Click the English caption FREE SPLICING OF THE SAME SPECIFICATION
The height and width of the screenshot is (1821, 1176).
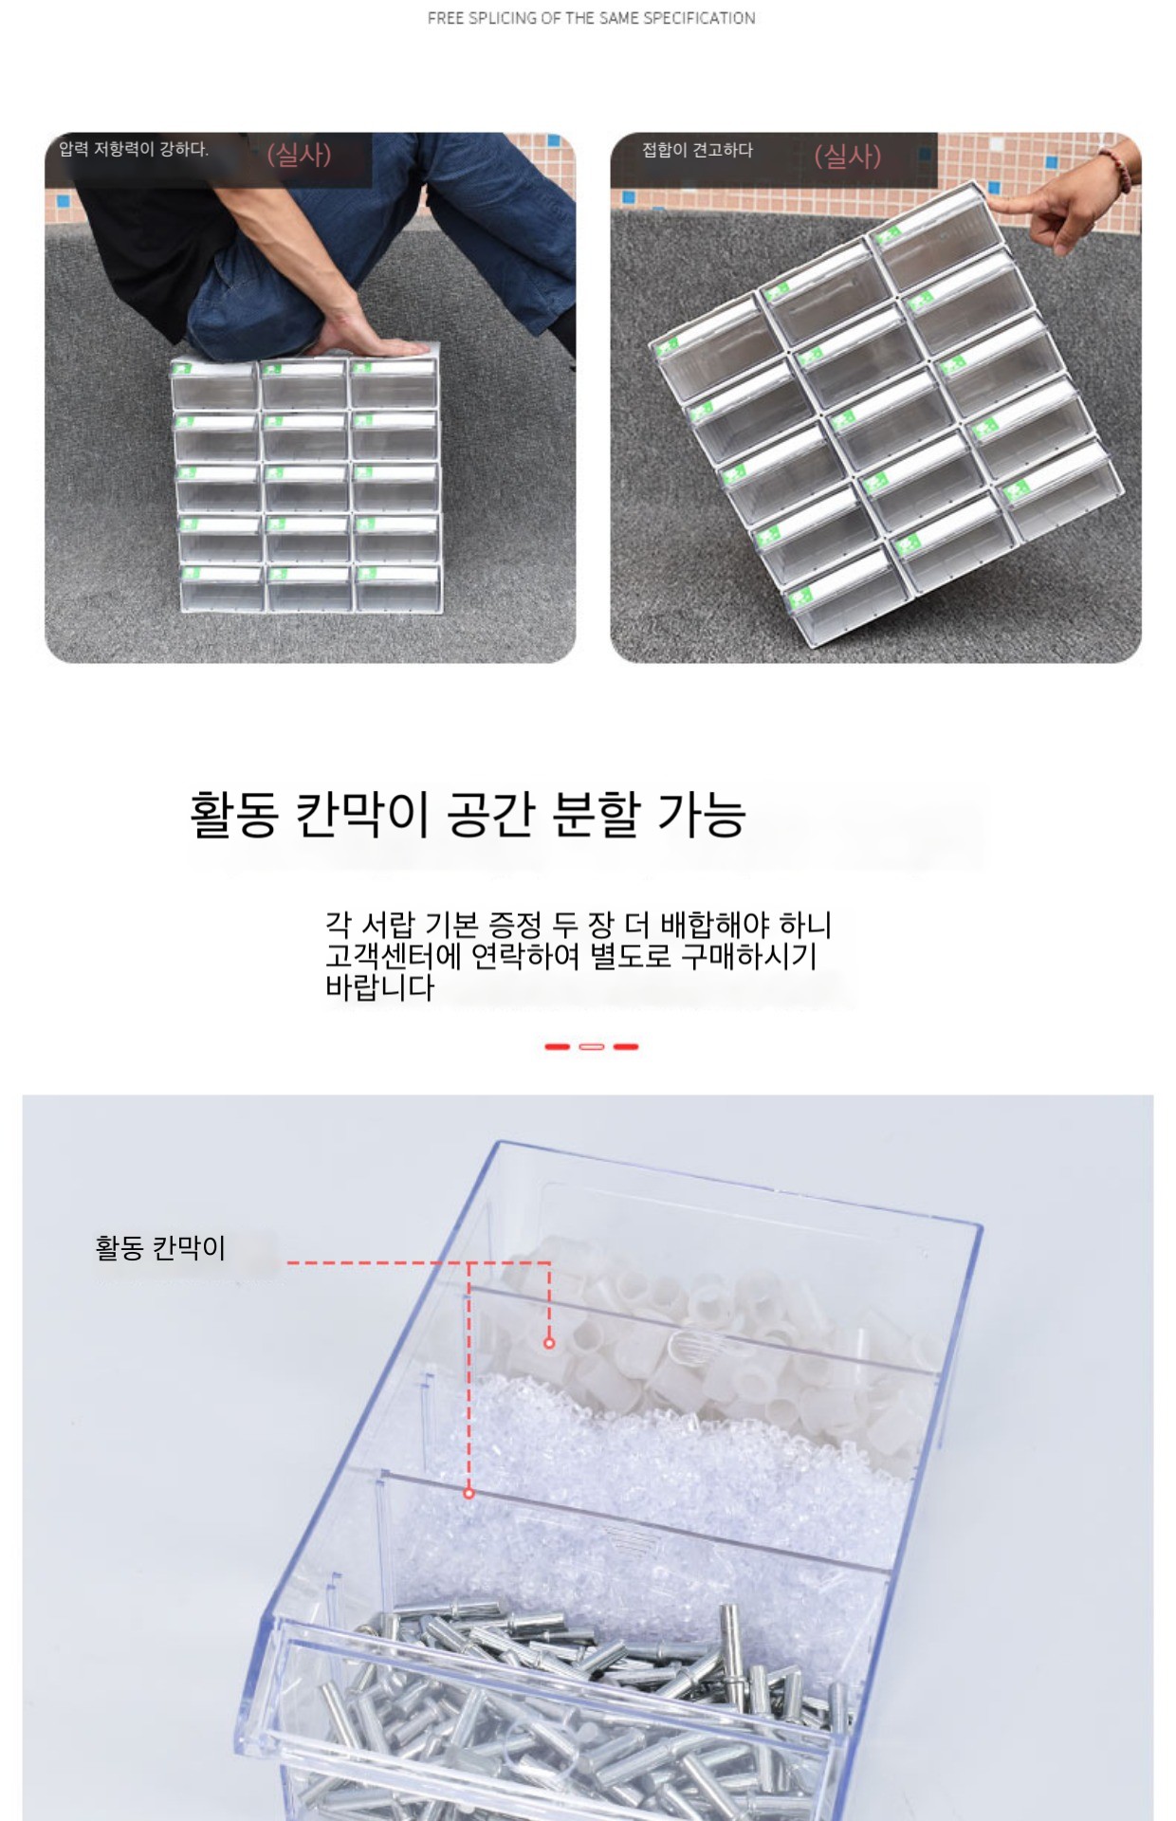point(591,18)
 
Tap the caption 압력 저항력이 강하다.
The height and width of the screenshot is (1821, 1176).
point(134,149)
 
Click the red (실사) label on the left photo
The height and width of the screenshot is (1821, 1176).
point(299,154)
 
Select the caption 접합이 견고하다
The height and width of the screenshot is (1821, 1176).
point(697,150)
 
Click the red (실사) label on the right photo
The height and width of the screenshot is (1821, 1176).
point(848,156)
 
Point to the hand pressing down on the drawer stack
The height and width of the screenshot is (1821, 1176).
point(375,341)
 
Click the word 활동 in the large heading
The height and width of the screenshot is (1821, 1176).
point(234,814)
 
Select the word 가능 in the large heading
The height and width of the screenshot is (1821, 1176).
point(702,814)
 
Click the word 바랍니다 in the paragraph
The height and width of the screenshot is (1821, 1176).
point(379,987)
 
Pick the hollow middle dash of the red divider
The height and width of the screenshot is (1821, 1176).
point(591,1046)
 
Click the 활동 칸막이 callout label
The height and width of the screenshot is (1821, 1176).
point(160,1247)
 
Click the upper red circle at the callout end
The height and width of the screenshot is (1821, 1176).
point(549,1343)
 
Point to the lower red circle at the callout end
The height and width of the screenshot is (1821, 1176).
point(469,1493)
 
